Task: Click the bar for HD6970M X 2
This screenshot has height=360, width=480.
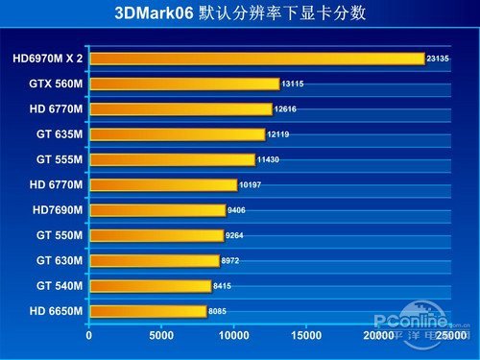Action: tap(256, 59)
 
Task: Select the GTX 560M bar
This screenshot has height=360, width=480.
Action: tap(183, 84)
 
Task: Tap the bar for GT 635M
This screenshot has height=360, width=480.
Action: tap(177, 134)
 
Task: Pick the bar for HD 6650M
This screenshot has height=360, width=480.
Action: tap(147, 311)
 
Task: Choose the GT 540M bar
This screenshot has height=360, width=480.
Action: tap(150, 285)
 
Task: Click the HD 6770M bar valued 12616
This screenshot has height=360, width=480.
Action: tap(180, 108)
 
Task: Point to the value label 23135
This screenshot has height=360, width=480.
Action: tap(438, 59)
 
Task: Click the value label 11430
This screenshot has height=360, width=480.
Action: tap(270, 159)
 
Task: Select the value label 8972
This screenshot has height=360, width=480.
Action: tap(233, 260)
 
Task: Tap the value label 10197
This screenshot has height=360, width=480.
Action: tap(252, 184)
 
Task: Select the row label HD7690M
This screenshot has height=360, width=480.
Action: tap(58, 209)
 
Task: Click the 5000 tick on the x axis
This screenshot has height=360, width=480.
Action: tap(160, 336)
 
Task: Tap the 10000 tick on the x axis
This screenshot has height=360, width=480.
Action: tap(233, 336)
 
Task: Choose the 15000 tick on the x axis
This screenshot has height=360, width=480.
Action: tap(305, 336)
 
